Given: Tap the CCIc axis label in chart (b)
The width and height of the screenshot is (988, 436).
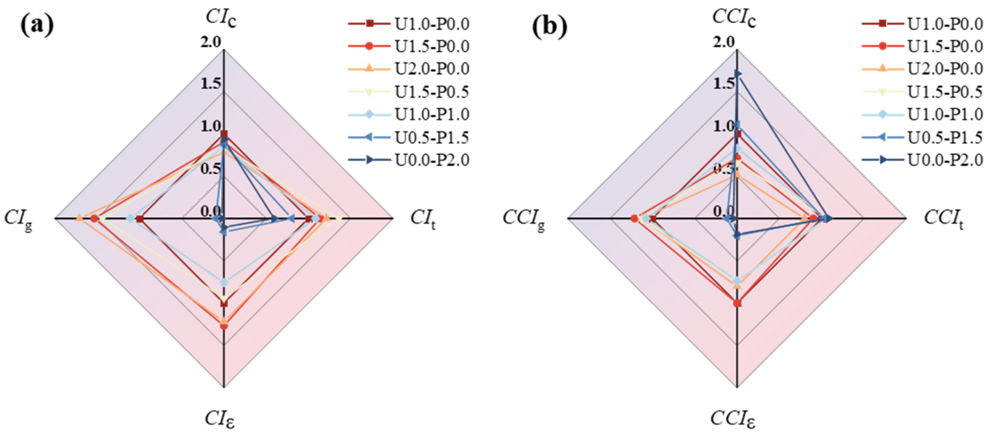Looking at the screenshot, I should click(734, 18).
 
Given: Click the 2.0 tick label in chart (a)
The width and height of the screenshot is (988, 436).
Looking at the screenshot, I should click(210, 42).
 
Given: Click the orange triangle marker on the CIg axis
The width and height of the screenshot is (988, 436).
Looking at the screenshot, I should click(79, 218).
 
